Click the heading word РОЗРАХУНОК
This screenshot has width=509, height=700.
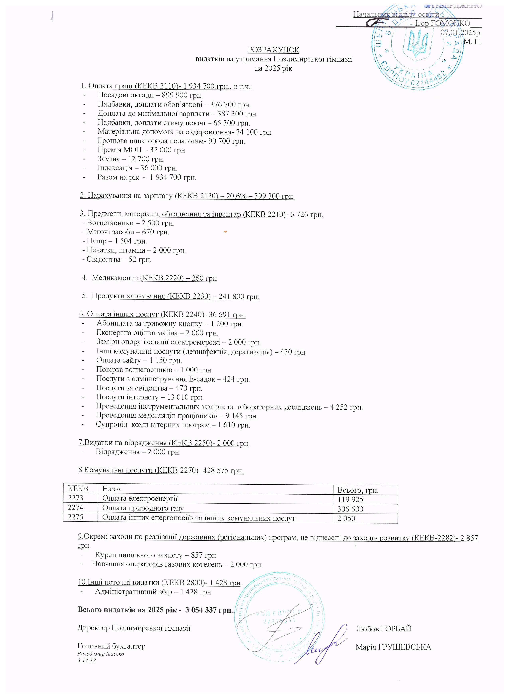273,50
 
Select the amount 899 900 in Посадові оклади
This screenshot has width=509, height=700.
174,95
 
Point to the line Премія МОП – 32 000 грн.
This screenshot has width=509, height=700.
142,150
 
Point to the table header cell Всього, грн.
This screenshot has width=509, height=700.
358,490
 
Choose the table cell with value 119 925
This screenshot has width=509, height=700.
350,499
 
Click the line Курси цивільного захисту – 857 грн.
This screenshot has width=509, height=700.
156,555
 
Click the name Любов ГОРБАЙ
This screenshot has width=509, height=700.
383,629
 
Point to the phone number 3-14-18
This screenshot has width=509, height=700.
87,661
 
